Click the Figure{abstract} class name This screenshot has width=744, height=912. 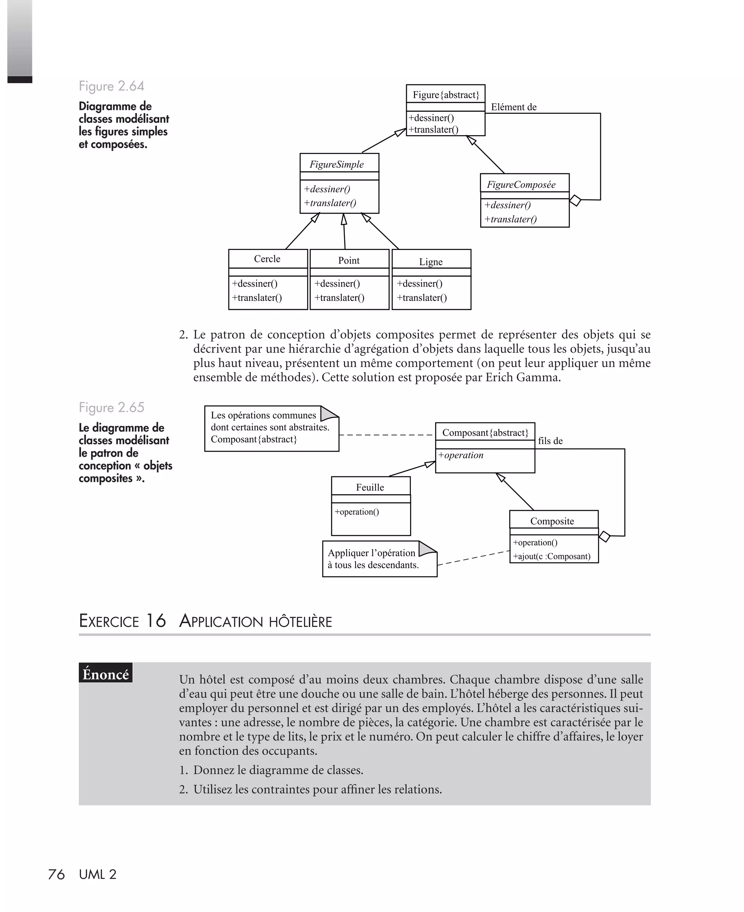pyautogui.click(x=446, y=95)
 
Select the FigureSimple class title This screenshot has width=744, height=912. pyautogui.click(x=336, y=165)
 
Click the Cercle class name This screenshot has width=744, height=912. pyautogui.click(x=267, y=259)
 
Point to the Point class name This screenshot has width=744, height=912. pyautogui.click(x=348, y=261)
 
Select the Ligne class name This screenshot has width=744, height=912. pyautogui.click(x=431, y=262)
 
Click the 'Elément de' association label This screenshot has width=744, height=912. pyautogui.click(x=513, y=107)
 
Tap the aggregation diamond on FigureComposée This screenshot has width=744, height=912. pyautogui.click(x=575, y=200)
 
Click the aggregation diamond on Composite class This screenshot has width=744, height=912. pyautogui.click(x=604, y=537)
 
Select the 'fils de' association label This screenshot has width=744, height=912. pyautogui.click(x=550, y=441)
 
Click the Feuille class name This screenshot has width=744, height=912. pyautogui.click(x=370, y=487)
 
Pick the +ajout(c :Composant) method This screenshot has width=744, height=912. pyautogui.click(x=551, y=556)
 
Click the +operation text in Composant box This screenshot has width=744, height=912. pyautogui.click(x=461, y=455)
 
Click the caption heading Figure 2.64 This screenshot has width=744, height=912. pyautogui.click(x=112, y=86)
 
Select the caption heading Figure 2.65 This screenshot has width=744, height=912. pyautogui.click(x=112, y=407)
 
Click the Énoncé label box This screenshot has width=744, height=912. pyautogui.click(x=105, y=674)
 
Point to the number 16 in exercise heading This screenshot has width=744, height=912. pyautogui.click(x=155, y=621)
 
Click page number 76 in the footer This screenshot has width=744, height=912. pyautogui.click(x=56, y=874)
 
